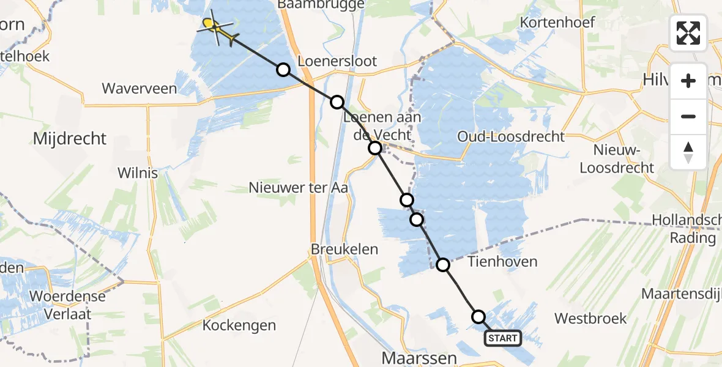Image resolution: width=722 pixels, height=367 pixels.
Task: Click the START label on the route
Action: click(503, 338)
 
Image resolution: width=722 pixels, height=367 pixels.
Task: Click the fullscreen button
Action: click(688, 33)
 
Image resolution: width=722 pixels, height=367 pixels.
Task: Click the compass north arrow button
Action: click(688, 152)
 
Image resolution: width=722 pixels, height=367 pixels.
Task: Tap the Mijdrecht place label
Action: click(69, 139)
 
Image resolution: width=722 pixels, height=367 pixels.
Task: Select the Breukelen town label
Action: click(344, 250)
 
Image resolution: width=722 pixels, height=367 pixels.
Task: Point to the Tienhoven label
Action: click(502, 262)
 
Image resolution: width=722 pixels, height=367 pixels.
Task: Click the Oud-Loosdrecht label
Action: click(511, 136)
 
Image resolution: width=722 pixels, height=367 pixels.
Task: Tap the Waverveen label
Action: click(140, 89)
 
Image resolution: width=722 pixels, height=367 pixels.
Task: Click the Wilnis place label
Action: click(139, 173)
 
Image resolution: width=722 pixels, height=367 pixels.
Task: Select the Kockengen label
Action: click(239, 325)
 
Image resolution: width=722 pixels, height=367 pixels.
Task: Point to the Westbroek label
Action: click(590, 319)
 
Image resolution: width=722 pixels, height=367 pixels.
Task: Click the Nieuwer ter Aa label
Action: click(298, 188)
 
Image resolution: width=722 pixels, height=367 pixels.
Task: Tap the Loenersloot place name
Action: click(337, 61)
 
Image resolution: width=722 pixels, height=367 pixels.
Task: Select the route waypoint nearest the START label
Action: click(478, 316)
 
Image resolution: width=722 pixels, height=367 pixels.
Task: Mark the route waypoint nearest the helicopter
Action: click(283, 70)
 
